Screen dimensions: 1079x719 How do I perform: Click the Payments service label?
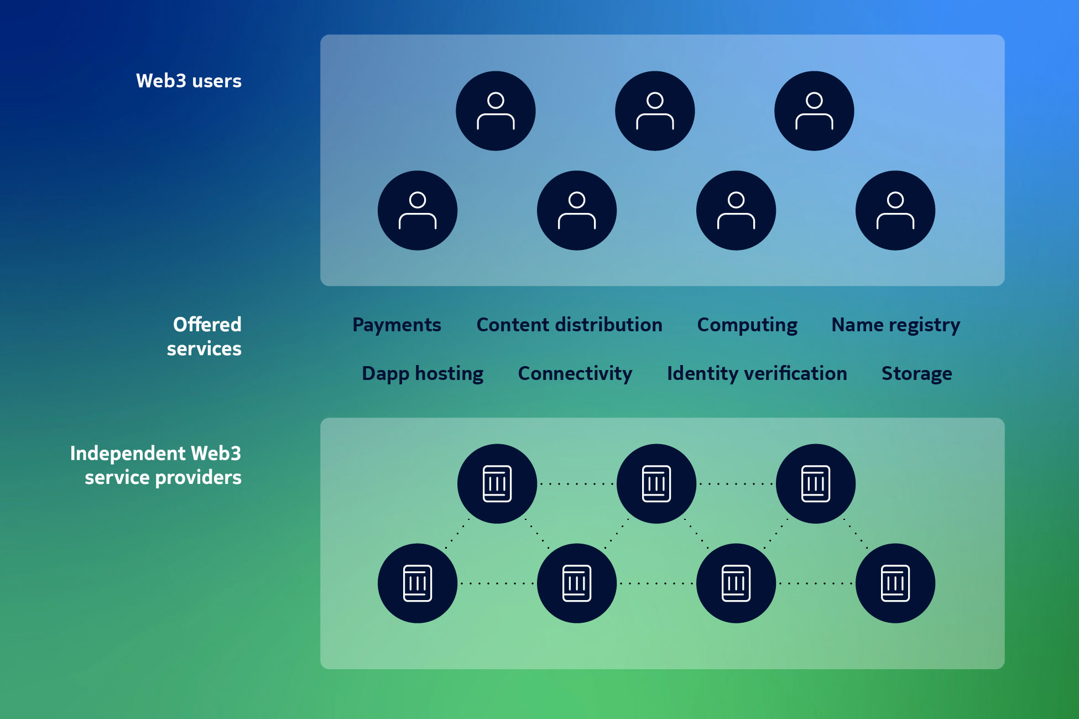[397, 325]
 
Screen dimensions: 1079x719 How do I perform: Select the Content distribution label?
[569, 325]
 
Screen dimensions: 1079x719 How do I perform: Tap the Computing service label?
[747, 325]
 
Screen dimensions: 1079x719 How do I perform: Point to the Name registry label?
[896, 325]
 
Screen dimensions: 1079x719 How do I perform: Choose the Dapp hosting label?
[423, 374]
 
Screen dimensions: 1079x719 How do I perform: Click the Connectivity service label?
[575, 374]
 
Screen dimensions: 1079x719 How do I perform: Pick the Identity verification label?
[757, 374]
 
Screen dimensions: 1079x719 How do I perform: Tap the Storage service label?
[917, 374]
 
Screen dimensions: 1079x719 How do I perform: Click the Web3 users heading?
[189, 81]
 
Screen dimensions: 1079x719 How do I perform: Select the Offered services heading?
[204, 336]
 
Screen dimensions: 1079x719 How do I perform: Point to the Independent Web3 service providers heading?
[156, 465]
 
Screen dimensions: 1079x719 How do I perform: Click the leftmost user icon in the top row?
[496, 111]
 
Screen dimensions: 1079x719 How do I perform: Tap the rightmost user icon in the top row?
[814, 111]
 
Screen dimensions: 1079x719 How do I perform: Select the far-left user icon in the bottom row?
[418, 210]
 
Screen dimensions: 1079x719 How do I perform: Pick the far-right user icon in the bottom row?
[895, 210]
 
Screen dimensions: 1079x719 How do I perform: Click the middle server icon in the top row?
[656, 484]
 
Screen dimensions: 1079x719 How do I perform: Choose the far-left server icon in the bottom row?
[418, 583]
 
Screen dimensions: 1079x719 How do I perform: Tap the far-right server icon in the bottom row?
[895, 583]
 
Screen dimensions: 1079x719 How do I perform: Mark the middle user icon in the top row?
[655, 111]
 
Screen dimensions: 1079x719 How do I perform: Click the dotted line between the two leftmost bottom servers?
[497, 583]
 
